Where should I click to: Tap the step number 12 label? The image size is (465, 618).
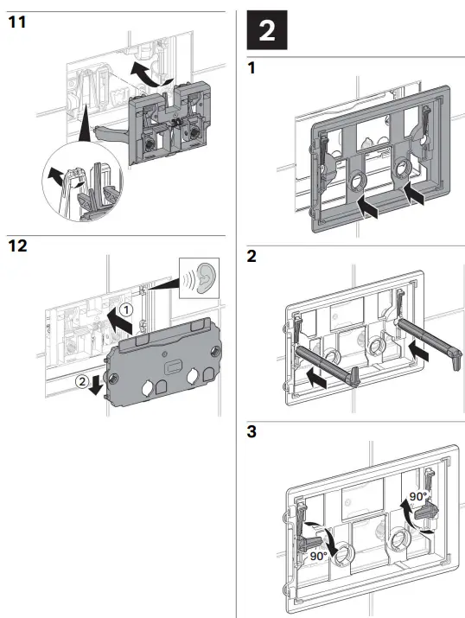pos(16,247)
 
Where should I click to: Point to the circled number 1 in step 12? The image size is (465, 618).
pos(127,309)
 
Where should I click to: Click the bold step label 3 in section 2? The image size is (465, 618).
pos(252,430)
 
